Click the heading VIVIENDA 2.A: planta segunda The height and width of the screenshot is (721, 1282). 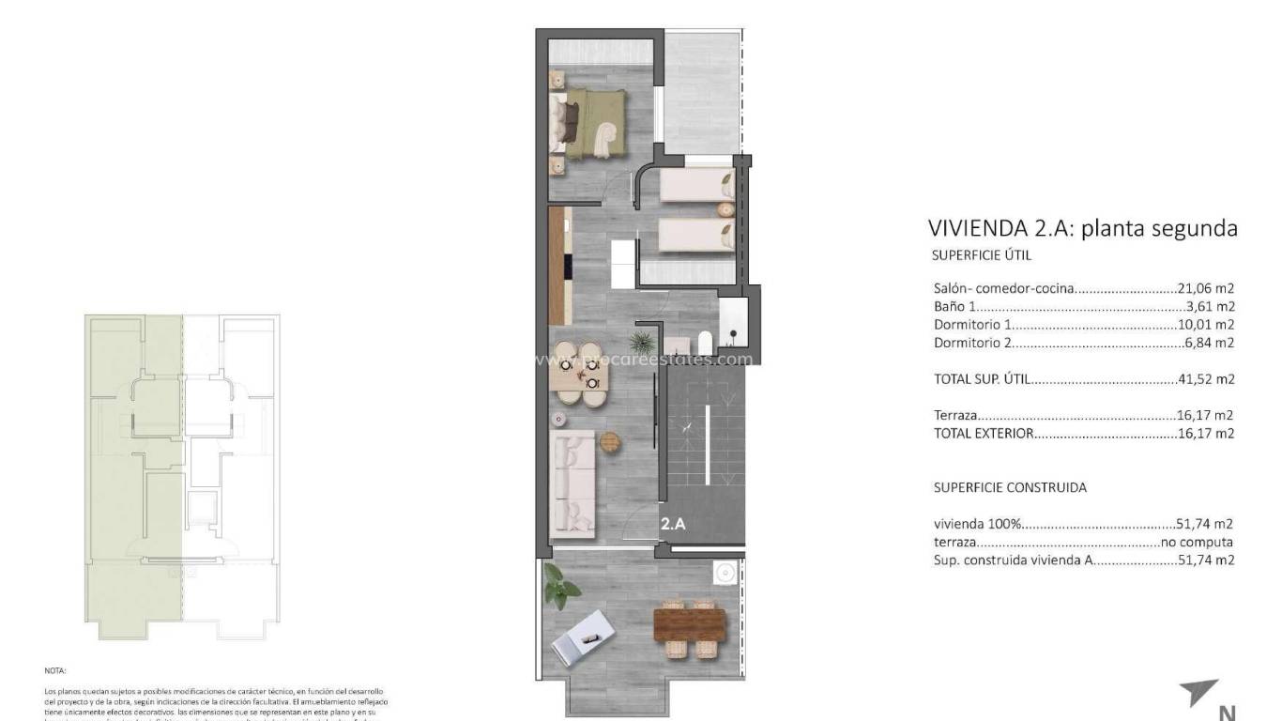[x=1082, y=228]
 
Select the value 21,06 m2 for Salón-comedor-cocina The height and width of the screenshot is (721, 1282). [x=1205, y=289]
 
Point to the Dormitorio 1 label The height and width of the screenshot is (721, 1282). [x=973, y=325]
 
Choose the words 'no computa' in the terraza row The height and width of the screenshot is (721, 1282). [x=1197, y=542]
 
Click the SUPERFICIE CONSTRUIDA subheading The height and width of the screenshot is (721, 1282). [x=1010, y=488]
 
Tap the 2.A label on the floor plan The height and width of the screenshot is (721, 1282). [x=673, y=525]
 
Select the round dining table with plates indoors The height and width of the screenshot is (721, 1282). [x=578, y=373]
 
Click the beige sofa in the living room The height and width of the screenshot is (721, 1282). [x=573, y=483]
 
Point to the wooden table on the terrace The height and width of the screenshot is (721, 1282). [x=691, y=624]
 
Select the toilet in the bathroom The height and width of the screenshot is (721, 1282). [x=704, y=343]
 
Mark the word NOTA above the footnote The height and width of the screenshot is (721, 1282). [x=54, y=671]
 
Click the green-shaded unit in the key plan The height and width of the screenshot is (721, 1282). [x=133, y=469]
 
